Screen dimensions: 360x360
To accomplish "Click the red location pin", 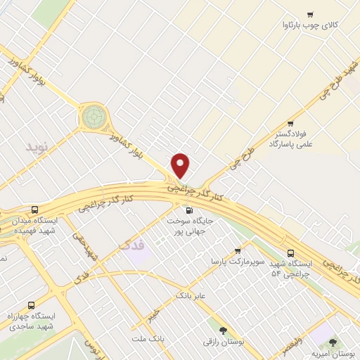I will pos(181,165).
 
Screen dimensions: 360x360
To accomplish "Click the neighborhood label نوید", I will pos(39,147).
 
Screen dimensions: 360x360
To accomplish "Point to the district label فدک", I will pos(132,246).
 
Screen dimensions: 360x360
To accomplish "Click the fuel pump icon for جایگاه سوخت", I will pos(188,210).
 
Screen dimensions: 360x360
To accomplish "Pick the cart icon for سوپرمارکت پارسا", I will pos(238,250).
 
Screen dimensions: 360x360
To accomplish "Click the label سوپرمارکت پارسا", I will pos(238,261).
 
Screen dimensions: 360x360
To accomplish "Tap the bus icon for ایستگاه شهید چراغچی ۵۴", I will pos(291,253).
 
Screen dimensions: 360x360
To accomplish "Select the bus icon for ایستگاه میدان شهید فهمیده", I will pos(36,210).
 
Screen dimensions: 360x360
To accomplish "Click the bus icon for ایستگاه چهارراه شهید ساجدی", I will pos(30,305).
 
